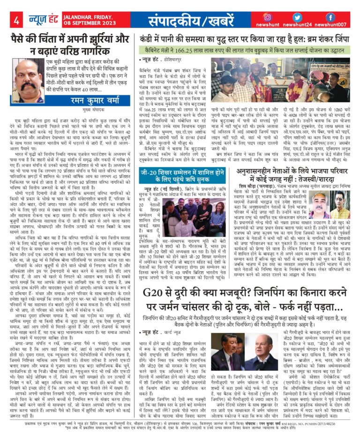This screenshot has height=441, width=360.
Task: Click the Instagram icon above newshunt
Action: click(x=267, y=17)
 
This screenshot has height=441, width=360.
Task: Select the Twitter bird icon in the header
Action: click(x=298, y=17)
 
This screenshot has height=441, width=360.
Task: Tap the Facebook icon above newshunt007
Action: click(x=330, y=17)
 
